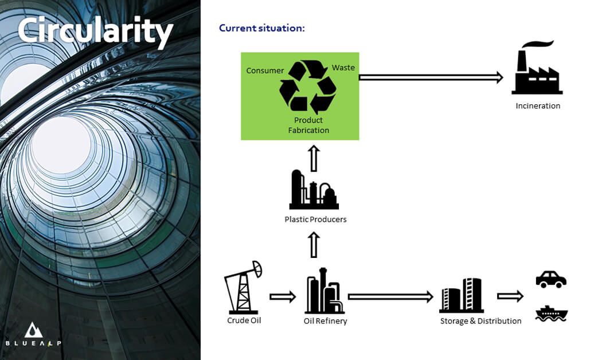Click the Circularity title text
click(x=95, y=32)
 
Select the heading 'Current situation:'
click(x=262, y=28)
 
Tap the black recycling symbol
click(x=308, y=87)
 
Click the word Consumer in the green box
click(x=265, y=71)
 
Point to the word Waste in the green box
click(x=343, y=68)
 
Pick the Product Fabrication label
click(x=308, y=125)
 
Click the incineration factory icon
click(x=537, y=68)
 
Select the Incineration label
click(x=538, y=106)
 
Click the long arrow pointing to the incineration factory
click(x=431, y=77)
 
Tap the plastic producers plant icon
click(x=314, y=190)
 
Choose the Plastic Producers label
click(x=315, y=220)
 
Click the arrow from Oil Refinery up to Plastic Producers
click(x=314, y=244)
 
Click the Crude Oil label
click(x=244, y=320)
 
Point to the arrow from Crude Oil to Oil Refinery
click(x=283, y=297)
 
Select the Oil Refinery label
click(x=325, y=321)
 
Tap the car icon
click(x=551, y=279)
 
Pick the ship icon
click(x=552, y=314)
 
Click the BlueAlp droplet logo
click(x=33, y=330)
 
